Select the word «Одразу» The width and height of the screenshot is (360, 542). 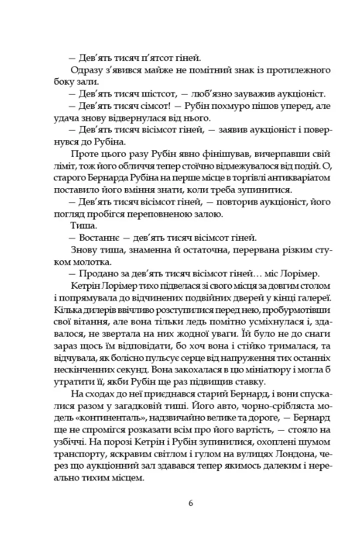[x=86, y=70]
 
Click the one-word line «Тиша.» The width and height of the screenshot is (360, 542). [x=82, y=226]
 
